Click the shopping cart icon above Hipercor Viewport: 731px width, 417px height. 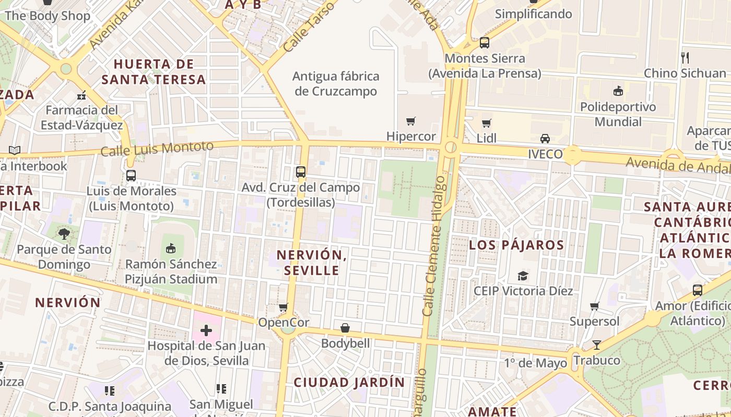coord(411,121)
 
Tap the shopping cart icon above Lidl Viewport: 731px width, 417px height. coord(487,124)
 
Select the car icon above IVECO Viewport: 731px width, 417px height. coord(545,139)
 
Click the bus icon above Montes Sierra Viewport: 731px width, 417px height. coord(485,43)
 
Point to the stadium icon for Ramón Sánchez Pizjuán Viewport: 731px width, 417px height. coord(171,248)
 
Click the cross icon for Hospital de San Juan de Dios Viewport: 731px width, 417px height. coord(206,330)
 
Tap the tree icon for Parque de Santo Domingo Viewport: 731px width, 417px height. coord(64,234)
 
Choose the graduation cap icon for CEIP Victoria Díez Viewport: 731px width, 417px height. coord(523,276)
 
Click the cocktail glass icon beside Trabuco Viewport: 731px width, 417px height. coord(596,345)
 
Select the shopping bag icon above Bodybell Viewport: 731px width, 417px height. coord(345,328)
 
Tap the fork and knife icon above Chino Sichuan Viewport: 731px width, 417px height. coord(685,57)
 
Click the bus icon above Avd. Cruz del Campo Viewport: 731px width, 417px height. coord(300,171)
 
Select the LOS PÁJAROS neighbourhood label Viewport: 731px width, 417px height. coord(516,245)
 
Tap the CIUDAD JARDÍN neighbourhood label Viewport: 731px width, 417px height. coord(349,382)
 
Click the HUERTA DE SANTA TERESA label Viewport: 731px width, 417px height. coord(154,72)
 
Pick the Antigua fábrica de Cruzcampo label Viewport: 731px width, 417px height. coord(336,84)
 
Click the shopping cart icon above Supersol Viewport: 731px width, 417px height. coord(594,306)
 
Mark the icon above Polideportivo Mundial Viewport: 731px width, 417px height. coord(618,91)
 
